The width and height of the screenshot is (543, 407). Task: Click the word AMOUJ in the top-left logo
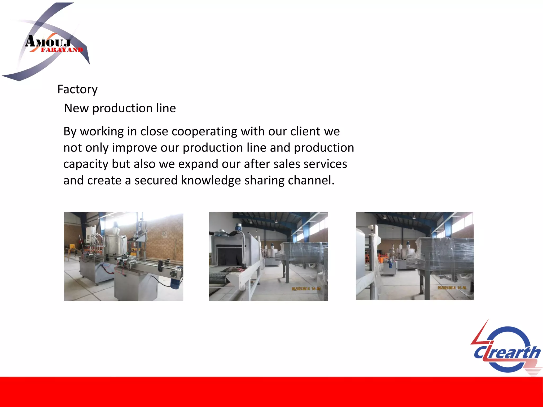pos(48,42)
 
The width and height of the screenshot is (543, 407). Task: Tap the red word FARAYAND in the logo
pos(62,50)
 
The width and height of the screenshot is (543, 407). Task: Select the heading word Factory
pos(77,89)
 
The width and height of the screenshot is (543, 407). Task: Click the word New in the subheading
pos(76,108)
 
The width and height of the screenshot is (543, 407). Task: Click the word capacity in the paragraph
pos(86,164)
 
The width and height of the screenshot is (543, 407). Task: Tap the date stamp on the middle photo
pos(306,289)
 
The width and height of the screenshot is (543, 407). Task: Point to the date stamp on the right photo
pos(452,288)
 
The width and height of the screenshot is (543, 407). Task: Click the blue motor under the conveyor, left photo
pos(175,284)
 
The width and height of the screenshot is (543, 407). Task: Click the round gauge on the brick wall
pos(164,233)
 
